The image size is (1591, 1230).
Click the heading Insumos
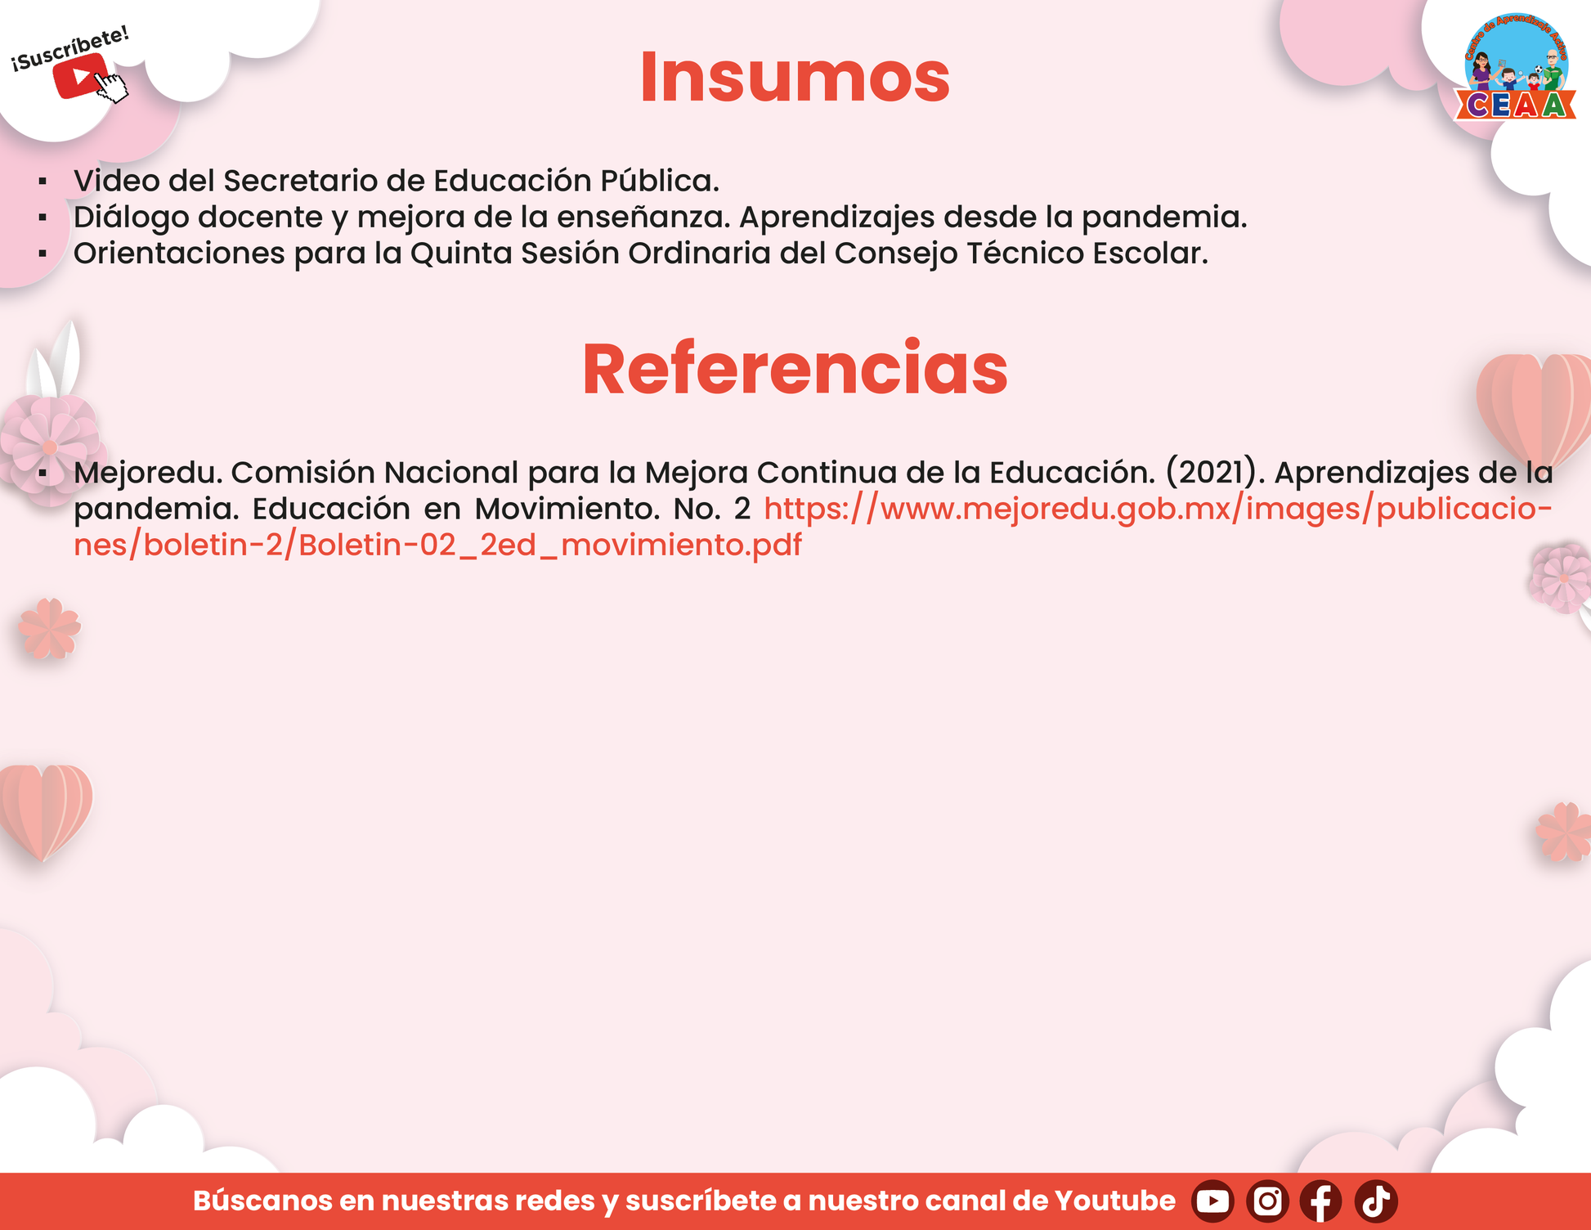pos(795,77)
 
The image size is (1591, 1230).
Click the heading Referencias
pos(795,369)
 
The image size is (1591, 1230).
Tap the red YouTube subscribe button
pos(80,76)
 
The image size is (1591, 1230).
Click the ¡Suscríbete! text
pos(70,48)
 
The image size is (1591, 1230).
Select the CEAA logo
pos(1516,68)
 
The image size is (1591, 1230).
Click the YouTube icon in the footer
pos(1212,1201)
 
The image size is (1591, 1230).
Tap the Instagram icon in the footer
pos(1267,1201)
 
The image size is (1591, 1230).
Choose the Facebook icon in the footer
pos(1321,1201)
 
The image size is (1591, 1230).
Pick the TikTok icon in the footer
pos(1376,1201)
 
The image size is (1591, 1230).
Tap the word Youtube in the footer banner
pos(1115,1201)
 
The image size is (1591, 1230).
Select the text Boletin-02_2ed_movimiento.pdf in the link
pos(550,545)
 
